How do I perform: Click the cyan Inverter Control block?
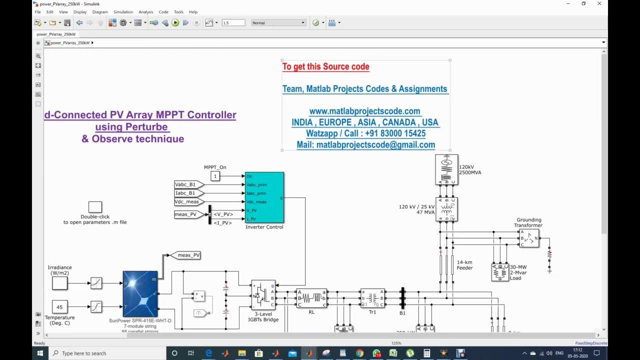264,197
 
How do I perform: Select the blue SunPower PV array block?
140,293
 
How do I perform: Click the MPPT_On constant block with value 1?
215,176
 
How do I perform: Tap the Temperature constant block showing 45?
59,307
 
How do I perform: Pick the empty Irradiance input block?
59,283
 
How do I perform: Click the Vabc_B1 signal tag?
188,184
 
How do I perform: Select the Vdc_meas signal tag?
188,201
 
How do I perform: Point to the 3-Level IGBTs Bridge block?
263,295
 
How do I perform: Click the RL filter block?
311,298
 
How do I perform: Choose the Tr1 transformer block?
372,298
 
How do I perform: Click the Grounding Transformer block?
528,238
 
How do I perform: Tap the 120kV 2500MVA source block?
446,170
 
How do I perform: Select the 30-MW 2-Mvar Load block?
500,272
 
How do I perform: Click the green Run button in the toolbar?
175,22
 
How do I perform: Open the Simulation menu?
123,11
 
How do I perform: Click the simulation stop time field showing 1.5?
233,22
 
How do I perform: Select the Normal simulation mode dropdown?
278,22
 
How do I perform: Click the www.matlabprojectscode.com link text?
364,111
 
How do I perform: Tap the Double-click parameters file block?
95,207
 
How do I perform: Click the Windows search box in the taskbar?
105,353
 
